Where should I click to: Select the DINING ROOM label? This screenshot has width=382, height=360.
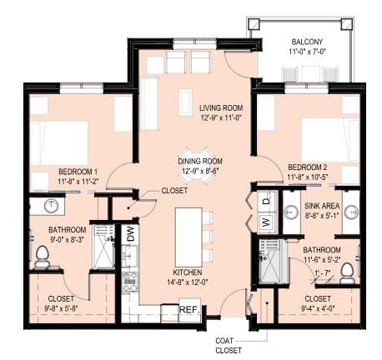[200, 162]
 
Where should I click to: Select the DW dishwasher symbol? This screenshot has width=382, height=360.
[129, 234]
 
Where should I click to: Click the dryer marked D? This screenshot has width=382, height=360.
[266, 200]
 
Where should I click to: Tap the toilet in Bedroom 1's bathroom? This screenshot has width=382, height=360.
[42, 256]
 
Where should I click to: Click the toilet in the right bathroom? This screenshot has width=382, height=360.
[348, 272]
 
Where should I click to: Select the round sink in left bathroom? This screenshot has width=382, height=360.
[51, 204]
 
